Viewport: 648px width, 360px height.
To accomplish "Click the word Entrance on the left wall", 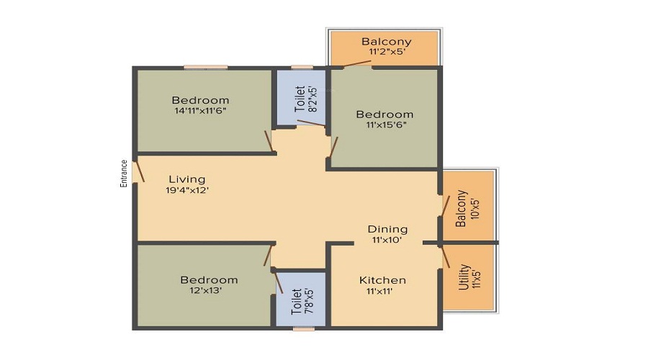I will tap(124, 174).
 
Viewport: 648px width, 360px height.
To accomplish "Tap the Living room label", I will tap(187, 179).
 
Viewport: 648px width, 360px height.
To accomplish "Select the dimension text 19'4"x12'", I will tap(187, 191).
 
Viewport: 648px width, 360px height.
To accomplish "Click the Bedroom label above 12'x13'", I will tap(209, 279).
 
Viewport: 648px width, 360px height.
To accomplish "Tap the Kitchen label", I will tap(383, 279).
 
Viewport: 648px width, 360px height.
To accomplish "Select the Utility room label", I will tap(464, 277).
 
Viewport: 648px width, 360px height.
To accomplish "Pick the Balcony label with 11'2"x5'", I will tap(386, 41).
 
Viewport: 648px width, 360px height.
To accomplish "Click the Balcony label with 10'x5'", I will tap(462, 209).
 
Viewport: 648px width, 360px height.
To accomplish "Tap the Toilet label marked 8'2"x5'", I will tap(300, 97).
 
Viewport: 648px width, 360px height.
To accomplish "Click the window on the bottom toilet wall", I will tap(304, 329).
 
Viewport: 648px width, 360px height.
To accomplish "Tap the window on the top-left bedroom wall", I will tap(205, 68).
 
